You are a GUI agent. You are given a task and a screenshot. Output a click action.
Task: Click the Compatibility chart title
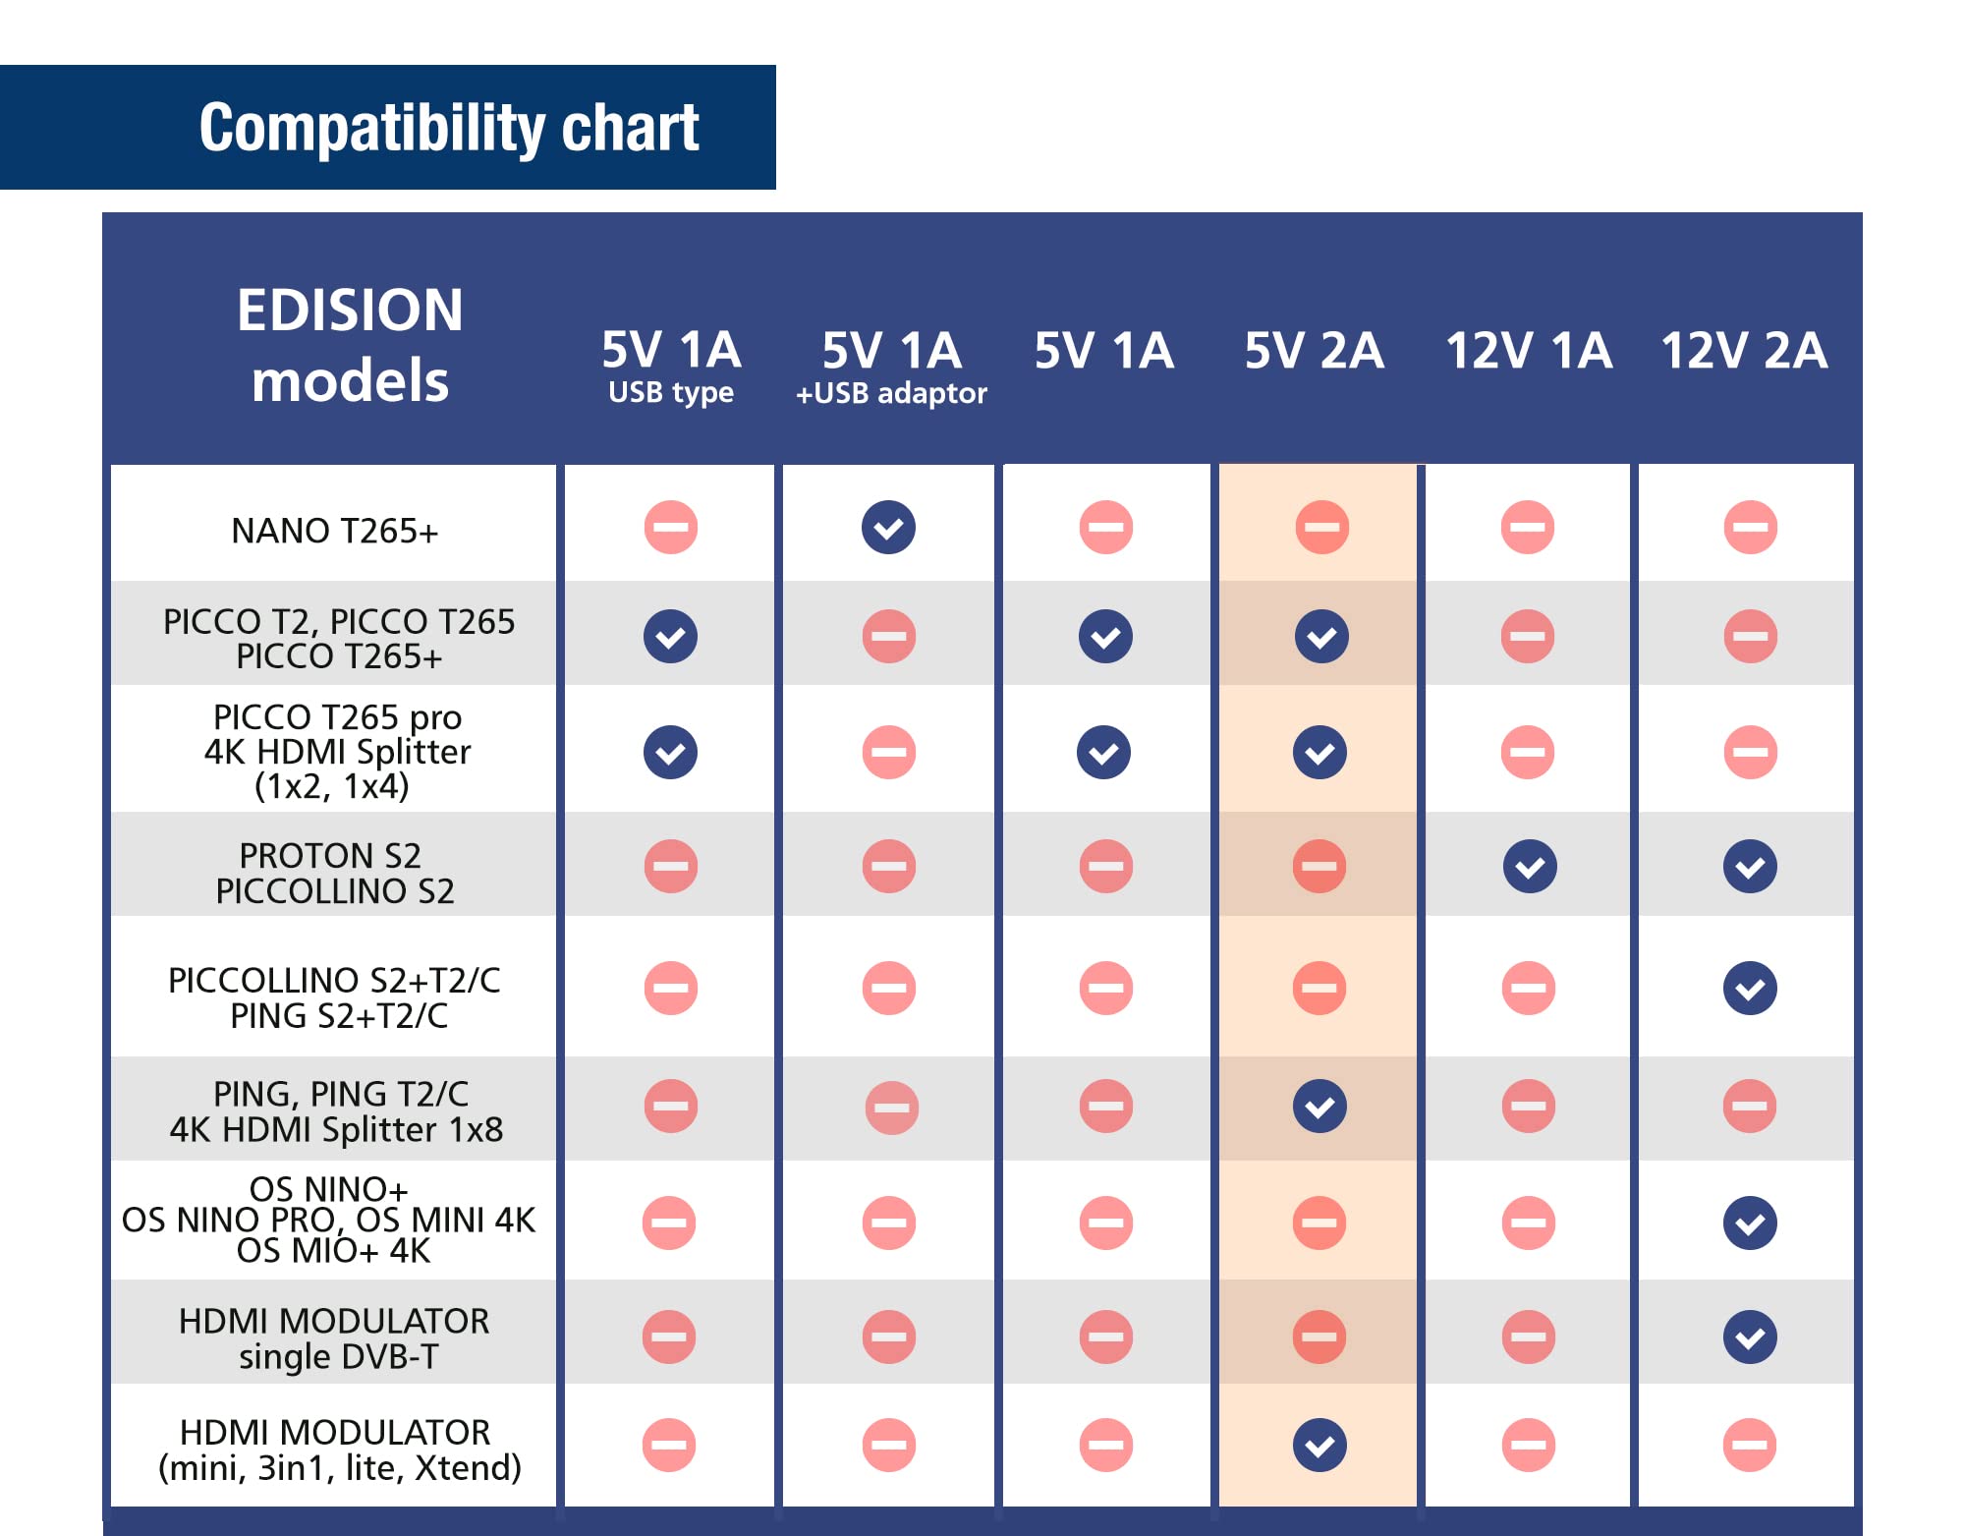[449, 128]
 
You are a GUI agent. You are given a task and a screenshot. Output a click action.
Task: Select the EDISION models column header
[350, 345]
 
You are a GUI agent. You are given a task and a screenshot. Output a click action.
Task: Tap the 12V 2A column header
[1744, 350]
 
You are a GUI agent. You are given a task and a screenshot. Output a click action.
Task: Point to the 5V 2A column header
[1315, 350]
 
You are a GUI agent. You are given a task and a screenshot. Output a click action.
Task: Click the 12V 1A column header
[1529, 350]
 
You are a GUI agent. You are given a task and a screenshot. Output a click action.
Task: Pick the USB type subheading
[671, 392]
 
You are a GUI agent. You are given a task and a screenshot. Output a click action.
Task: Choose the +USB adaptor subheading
[891, 393]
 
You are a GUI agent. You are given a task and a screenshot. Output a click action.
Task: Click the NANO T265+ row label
[335, 531]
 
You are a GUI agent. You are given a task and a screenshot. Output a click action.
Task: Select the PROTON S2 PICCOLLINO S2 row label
[335, 873]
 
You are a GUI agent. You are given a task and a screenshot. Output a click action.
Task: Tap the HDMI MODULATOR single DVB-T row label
[335, 1338]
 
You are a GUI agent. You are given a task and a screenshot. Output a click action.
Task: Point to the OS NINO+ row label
[329, 1189]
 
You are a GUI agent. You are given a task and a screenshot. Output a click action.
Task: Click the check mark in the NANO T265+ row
[889, 528]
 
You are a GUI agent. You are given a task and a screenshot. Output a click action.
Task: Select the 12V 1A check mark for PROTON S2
[1530, 867]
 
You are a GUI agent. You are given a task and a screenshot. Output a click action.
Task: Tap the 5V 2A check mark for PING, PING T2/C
[1320, 1107]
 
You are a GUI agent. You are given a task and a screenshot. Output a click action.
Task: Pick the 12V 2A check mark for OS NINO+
[1750, 1223]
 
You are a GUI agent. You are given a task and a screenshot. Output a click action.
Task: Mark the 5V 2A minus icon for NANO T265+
[1322, 528]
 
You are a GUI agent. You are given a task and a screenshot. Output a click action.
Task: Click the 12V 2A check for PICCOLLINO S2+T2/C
[1750, 989]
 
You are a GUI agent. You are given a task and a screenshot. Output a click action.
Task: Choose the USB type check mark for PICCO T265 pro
[671, 753]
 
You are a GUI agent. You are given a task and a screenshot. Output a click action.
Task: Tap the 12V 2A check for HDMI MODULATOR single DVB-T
[1750, 1337]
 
